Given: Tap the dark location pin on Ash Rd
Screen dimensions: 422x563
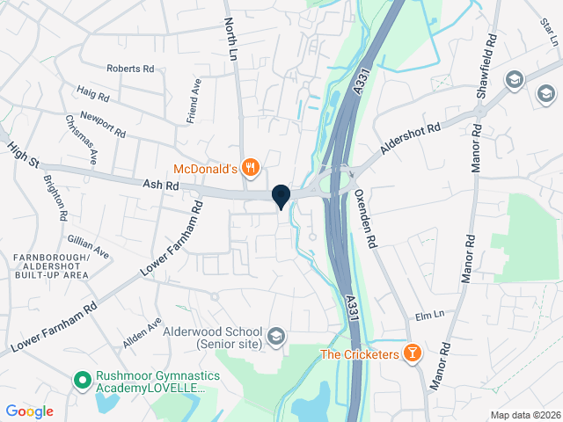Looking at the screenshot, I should coord(281,196).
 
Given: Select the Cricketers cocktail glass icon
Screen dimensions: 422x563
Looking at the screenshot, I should coord(413,353).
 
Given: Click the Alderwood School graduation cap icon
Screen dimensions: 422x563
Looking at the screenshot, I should coord(276,336).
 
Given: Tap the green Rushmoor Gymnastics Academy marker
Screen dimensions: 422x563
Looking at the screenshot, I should coord(82,380).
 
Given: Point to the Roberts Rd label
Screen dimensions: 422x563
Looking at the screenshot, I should coord(130,69).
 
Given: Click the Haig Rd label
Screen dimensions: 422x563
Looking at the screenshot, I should coord(92,92).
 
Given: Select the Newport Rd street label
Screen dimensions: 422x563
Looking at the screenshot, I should coord(103,125).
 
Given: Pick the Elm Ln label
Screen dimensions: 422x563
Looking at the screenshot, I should coord(428,315).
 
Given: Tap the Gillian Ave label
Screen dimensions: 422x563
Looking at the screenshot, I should coord(88,245).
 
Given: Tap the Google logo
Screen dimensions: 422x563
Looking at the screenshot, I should coord(29,411).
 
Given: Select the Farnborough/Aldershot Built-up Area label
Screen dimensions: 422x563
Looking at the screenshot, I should coord(51,266).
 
